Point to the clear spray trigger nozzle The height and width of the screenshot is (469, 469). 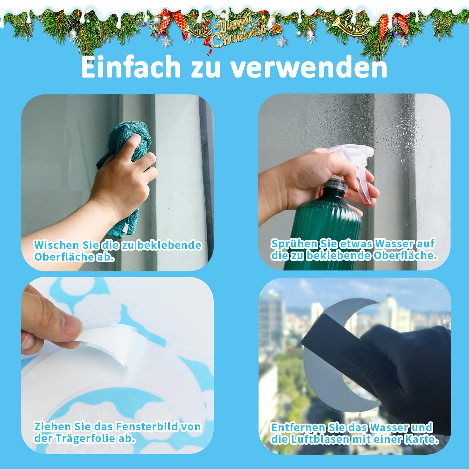click(x=352, y=167)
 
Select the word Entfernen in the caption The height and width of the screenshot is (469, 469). click(x=298, y=427)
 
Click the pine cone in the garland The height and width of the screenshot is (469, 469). click(x=276, y=28)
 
